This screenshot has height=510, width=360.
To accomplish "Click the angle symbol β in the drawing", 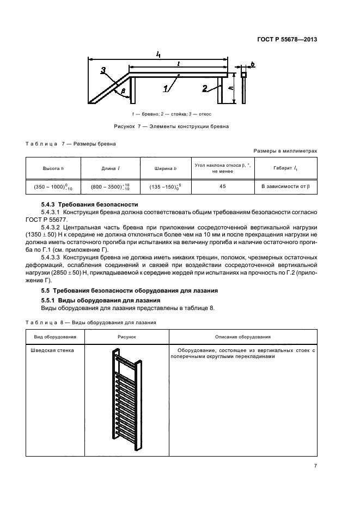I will point(124,91).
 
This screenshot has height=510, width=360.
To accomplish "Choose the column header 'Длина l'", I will point(111,168).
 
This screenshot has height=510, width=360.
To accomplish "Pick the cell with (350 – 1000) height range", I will point(53,187).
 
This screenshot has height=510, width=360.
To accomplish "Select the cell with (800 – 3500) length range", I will point(111,187).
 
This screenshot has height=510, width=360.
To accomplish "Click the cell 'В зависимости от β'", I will point(285,187).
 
